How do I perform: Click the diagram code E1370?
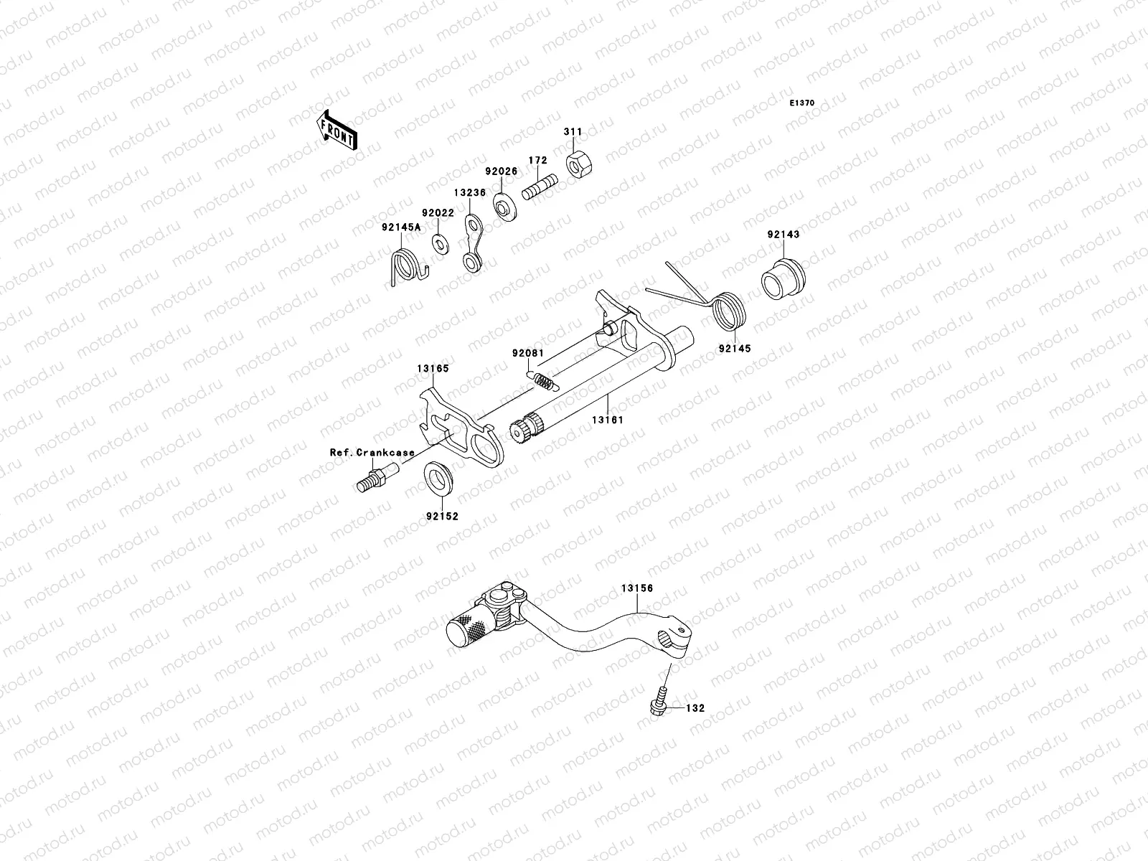tap(802, 103)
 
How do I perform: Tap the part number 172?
tap(538, 161)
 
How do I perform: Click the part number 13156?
tap(636, 588)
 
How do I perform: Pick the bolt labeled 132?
tap(658, 701)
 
